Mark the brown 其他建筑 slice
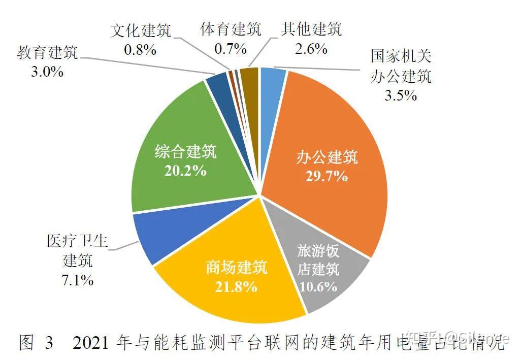point(249,76)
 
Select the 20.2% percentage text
point(185,170)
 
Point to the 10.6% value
point(318,286)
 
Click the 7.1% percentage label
point(78,280)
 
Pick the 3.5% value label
point(401,95)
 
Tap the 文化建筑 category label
point(141,30)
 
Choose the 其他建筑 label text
point(311,29)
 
